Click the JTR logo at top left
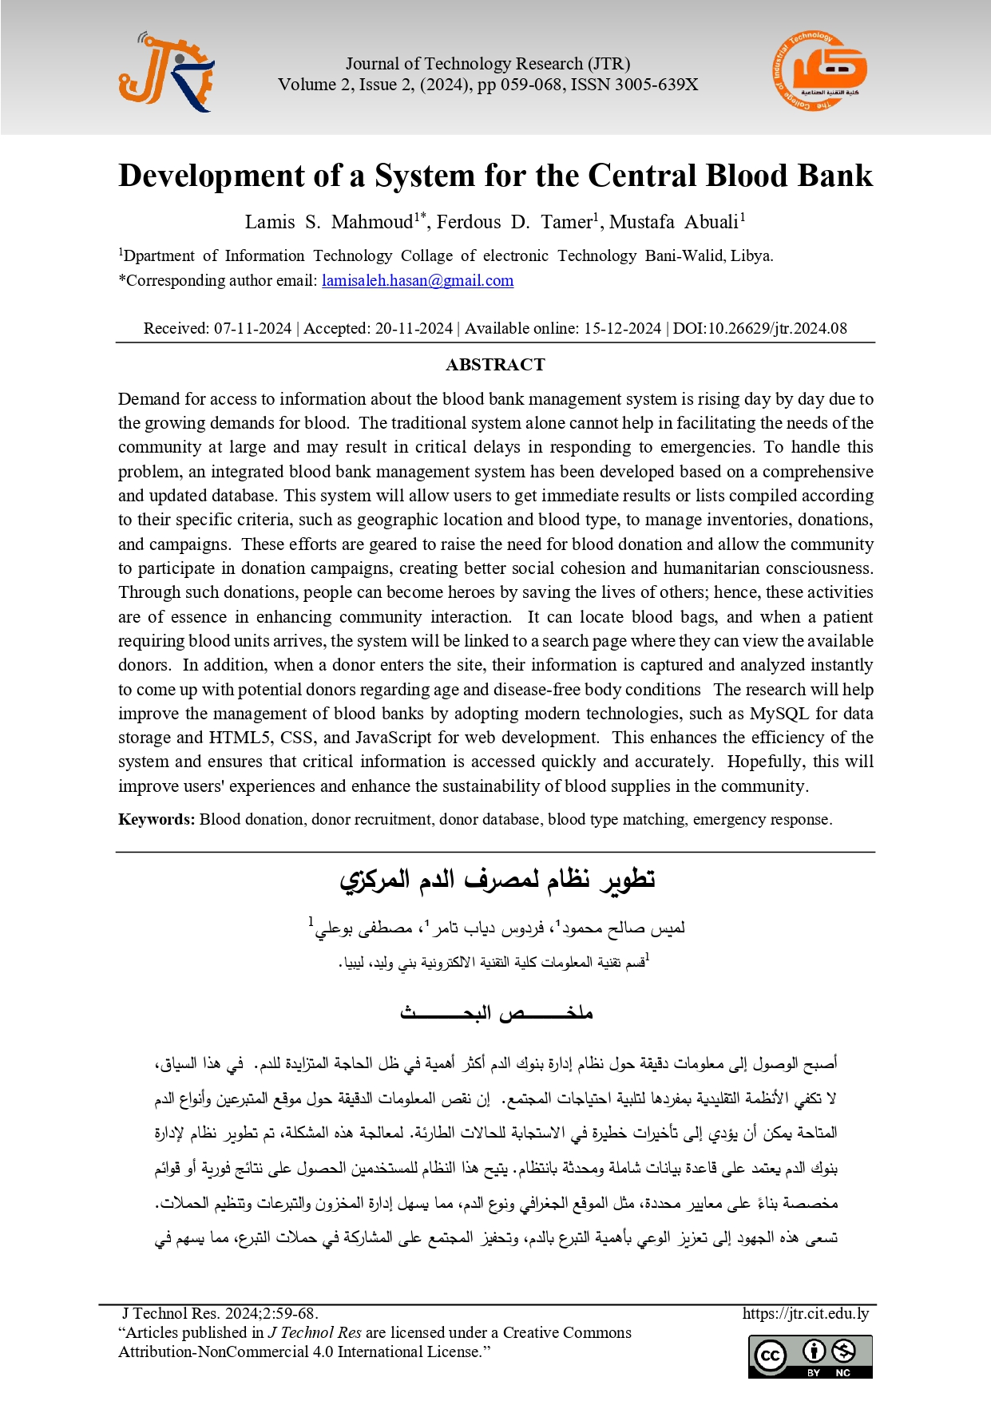(166, 73)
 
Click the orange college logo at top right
(819, 71)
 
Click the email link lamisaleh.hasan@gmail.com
(418, 281)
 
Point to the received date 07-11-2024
(252, 328)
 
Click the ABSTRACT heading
(495, 365)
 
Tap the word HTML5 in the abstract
(239, 738)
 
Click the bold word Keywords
(156, 819)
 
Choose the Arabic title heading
(497, 880)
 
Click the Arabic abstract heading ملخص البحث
(496, 1014)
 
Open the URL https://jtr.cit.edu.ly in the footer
(805, 1314)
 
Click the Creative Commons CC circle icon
(771, 1355)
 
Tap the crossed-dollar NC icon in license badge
(843, 1352)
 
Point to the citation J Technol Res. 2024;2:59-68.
(220, 1314)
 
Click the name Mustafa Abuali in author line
(676, 222)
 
